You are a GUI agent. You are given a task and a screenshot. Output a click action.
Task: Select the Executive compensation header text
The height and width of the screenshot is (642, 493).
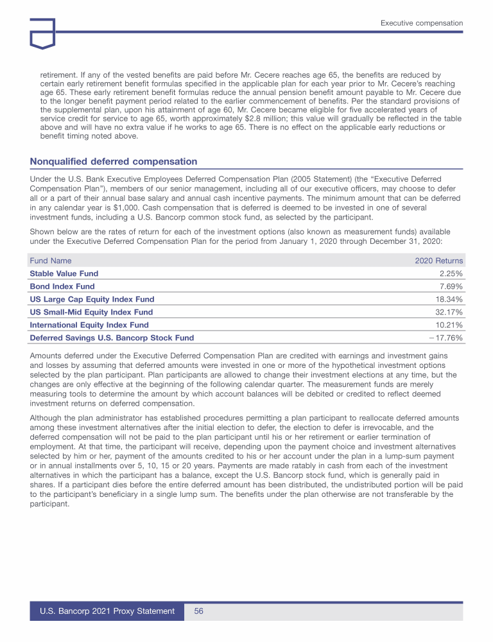point(421,23)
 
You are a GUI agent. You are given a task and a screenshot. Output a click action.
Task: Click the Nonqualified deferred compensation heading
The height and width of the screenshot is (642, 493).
point(114,161)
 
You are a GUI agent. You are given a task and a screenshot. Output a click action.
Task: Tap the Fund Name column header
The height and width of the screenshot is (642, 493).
point(51,261)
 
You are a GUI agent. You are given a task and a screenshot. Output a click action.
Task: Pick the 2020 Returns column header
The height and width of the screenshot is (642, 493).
point(439,261)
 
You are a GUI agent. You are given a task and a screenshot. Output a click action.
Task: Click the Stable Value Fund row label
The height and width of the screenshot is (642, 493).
point(64,273)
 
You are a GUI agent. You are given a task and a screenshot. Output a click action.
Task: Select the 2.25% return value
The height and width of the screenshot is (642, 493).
point(451,273)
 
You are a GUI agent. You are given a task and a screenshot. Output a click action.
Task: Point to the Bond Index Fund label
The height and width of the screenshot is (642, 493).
point(62,286)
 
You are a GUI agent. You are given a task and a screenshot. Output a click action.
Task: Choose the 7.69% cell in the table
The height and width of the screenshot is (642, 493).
point(451,286)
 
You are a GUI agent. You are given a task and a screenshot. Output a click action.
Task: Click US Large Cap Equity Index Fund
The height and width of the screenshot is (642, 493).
point(92,299)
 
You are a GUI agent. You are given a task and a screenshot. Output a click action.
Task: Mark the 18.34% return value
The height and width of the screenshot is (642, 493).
point(449,299)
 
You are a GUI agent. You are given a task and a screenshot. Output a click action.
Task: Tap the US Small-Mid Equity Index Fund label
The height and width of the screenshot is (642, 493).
point(91,312)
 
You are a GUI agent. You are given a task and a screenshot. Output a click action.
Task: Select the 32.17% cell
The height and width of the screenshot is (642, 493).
point(449,312)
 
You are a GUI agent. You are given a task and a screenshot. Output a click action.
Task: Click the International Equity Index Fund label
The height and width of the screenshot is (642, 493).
point(89,325)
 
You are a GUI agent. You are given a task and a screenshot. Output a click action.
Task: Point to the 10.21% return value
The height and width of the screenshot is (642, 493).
point(449,325)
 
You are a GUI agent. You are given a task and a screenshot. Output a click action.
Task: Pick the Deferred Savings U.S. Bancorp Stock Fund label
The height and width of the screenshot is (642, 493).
point(112,338)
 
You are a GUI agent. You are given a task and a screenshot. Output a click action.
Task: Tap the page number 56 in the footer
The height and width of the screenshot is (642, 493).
point(199,612)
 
